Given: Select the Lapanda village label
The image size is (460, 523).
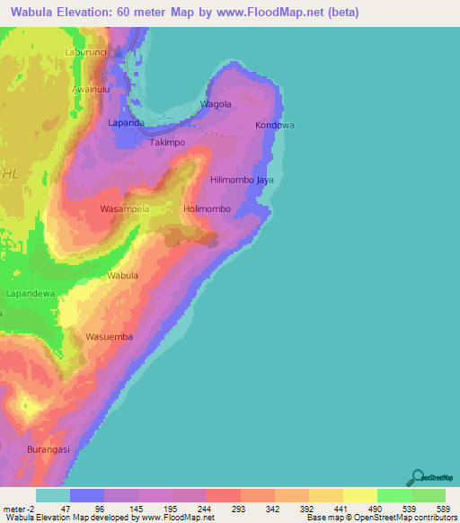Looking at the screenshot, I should (x=126, y=122).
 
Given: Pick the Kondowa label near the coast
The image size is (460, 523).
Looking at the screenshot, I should (x=275, y=125).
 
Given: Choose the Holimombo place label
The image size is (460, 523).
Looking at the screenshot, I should (x=208, y=209).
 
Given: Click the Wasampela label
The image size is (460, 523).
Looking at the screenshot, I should (x=125, y=209).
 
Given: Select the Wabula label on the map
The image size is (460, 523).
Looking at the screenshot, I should (x=123, y=275).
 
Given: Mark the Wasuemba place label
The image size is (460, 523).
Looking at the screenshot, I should (x=109, y=337).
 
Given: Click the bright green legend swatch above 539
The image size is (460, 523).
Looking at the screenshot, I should (x=394, y=495).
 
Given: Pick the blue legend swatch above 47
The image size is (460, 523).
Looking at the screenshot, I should (x=87, y=495).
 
